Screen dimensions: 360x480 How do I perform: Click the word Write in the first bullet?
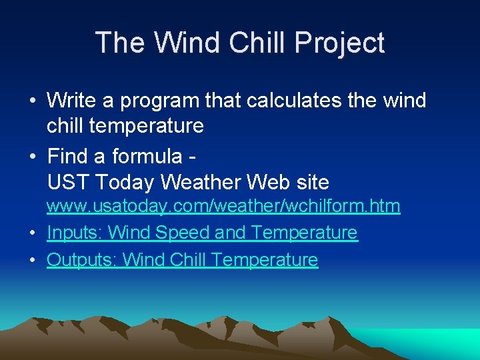73,101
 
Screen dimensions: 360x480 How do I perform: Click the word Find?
69,156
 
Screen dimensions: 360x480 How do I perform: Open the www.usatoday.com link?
223,207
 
